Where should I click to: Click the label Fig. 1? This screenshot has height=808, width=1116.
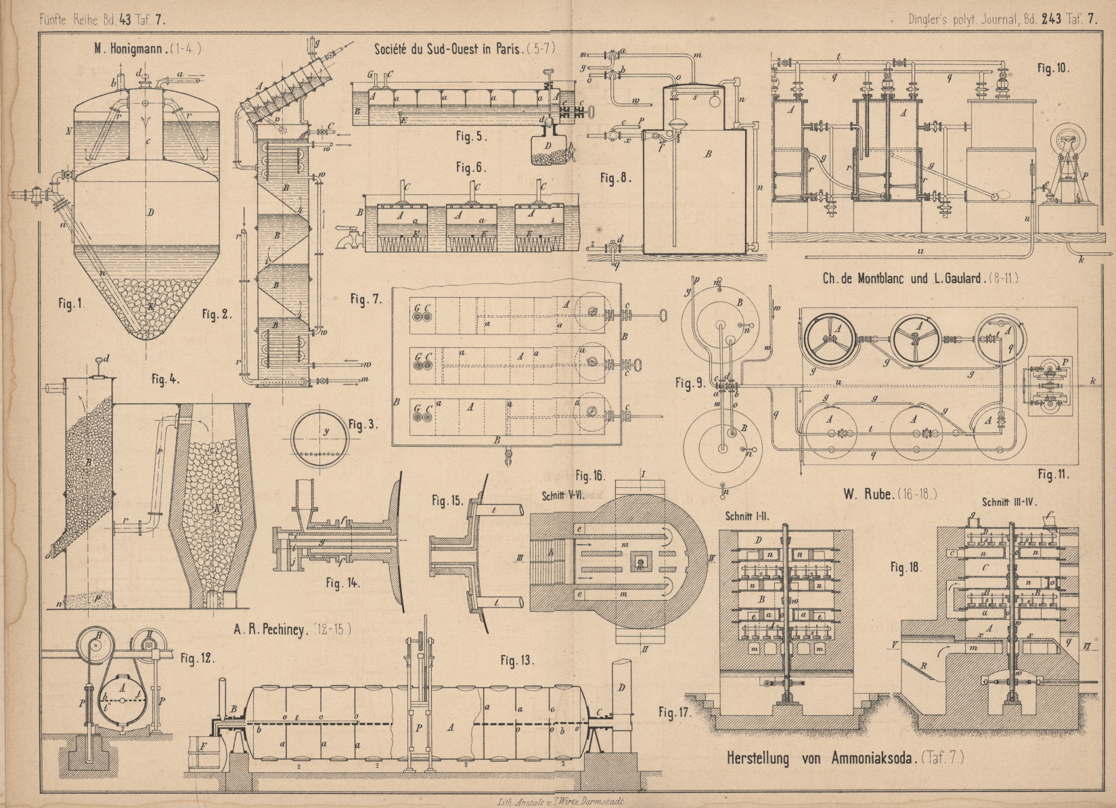(x=70, y=304)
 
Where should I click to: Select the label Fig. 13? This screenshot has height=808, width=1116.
(x=518, y=660)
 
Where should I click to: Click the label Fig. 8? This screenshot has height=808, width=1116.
(x=615, y=179)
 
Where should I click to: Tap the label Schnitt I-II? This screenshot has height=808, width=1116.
(x=749, y=514)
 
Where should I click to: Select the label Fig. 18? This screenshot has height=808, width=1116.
(x=906, y=568)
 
